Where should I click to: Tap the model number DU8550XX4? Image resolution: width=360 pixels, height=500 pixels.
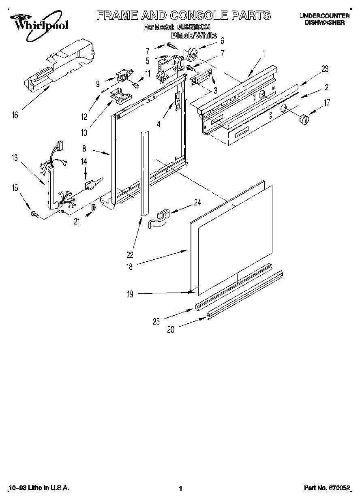[x=193, y=28]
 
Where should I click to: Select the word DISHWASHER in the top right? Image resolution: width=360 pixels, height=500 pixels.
[x=324, y=23]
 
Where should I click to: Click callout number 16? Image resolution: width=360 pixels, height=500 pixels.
[x=15, y=115]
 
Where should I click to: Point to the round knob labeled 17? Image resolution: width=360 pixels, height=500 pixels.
[x=304, y=120]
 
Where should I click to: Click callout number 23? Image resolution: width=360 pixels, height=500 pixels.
[x=324, y=68]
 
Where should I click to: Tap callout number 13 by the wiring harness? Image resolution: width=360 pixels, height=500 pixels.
[x=15, y=158]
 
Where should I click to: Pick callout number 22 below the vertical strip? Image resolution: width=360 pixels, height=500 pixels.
[x=130, y=254]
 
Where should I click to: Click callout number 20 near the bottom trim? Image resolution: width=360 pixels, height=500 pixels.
[x=170, y=329]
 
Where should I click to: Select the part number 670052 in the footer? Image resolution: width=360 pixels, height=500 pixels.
[x=339, y=488]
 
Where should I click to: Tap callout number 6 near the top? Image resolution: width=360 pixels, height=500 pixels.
[x=222, y=41]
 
